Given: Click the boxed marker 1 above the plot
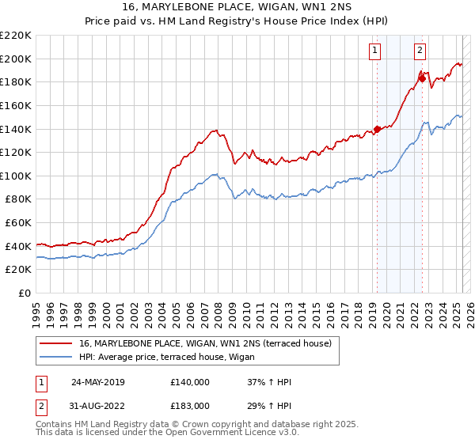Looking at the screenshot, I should [x=374, y=51].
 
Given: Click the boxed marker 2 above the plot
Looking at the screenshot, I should [x=419, y=51].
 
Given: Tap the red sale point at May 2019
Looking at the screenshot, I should [x=377, y=128].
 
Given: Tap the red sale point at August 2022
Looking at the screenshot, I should [x=423, y=78].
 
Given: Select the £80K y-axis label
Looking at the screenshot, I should [x=18, y=199].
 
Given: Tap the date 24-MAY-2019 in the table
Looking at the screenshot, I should [x=98, y=381].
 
